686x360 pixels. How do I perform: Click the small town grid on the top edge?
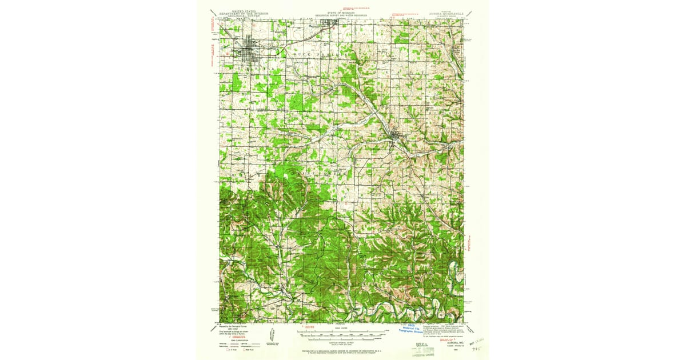[328, 23]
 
